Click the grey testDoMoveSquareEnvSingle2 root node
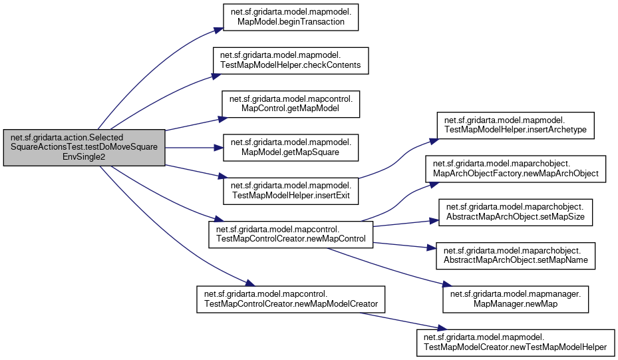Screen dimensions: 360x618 [x=83, y=147]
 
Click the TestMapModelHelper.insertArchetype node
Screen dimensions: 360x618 [x=516, y=124]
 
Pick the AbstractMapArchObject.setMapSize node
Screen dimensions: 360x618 [x=516, y=212]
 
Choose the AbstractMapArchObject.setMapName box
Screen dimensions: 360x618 [x=516, y=256]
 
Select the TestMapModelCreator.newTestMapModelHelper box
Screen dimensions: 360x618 [x=516, y=341]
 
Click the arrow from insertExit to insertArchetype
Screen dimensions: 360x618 [x=399, y=154]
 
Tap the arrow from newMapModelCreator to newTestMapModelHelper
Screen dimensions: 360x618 [x=399, y=319]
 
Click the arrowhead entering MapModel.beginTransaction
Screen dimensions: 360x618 [x=216, y=29]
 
